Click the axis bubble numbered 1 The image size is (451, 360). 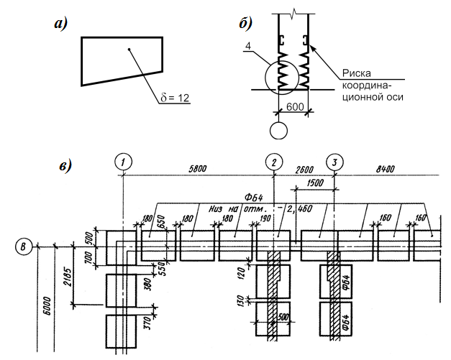pos(123,162)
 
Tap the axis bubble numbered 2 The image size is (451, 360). pos(274,162)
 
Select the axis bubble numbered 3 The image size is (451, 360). pos(334,162)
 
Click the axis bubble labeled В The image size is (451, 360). pos(24,246)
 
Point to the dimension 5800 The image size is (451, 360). pos(198,168)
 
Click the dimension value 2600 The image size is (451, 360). pos(304,170)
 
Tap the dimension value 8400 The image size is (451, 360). pos(386,169)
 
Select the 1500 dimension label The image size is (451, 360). pos(315,183)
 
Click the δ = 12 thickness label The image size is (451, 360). pos(175,98)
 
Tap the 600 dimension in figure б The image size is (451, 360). pos(295,107)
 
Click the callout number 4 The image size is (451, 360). pos(248,46)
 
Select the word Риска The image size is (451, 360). pos(356,73)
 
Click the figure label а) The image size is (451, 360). pos(61,24)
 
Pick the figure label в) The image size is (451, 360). pos(65,166)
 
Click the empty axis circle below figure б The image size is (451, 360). pos(278,131)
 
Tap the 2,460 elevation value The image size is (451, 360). pos(299,208)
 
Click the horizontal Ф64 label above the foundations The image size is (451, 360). pos(254,198)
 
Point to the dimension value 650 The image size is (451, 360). pos(161,222)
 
